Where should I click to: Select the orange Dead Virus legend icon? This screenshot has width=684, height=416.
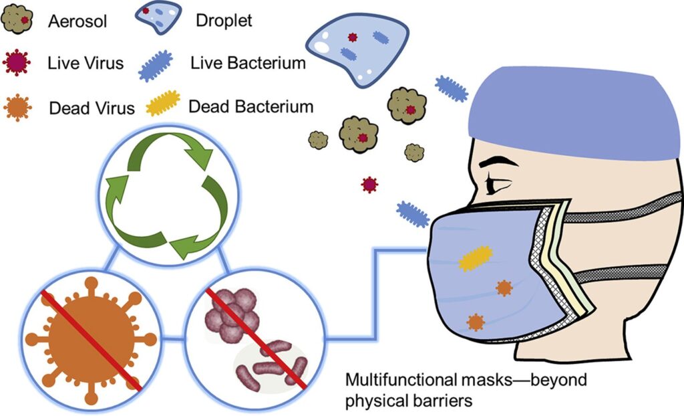18,106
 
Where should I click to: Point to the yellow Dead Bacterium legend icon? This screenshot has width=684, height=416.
163,104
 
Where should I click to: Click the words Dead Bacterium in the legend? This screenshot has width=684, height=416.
251,106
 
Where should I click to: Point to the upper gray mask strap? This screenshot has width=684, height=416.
621,207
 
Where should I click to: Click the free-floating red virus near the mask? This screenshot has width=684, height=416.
369,184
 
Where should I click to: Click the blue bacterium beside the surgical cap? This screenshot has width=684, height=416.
452,88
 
